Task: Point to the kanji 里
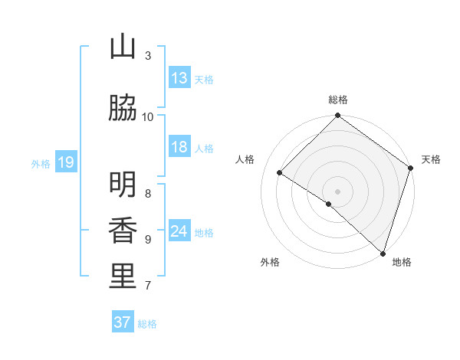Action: [123, 277]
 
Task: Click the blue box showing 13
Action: [179, 78]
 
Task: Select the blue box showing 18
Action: [179, 147]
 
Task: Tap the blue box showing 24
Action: [179, 231]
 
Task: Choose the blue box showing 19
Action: [65, 162]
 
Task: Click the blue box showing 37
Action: [123, 322]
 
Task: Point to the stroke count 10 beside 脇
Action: [148, 116]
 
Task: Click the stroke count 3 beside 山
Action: [148, 55]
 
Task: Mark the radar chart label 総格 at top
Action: [338, 100]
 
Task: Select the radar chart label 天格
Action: [431, 159]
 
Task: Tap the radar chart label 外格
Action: [270, 262]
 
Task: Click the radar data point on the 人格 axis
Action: [280, 173]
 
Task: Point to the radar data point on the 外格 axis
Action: [329, 204]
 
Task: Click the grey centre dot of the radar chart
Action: [338, 191]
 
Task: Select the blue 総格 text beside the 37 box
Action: [147, 324]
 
